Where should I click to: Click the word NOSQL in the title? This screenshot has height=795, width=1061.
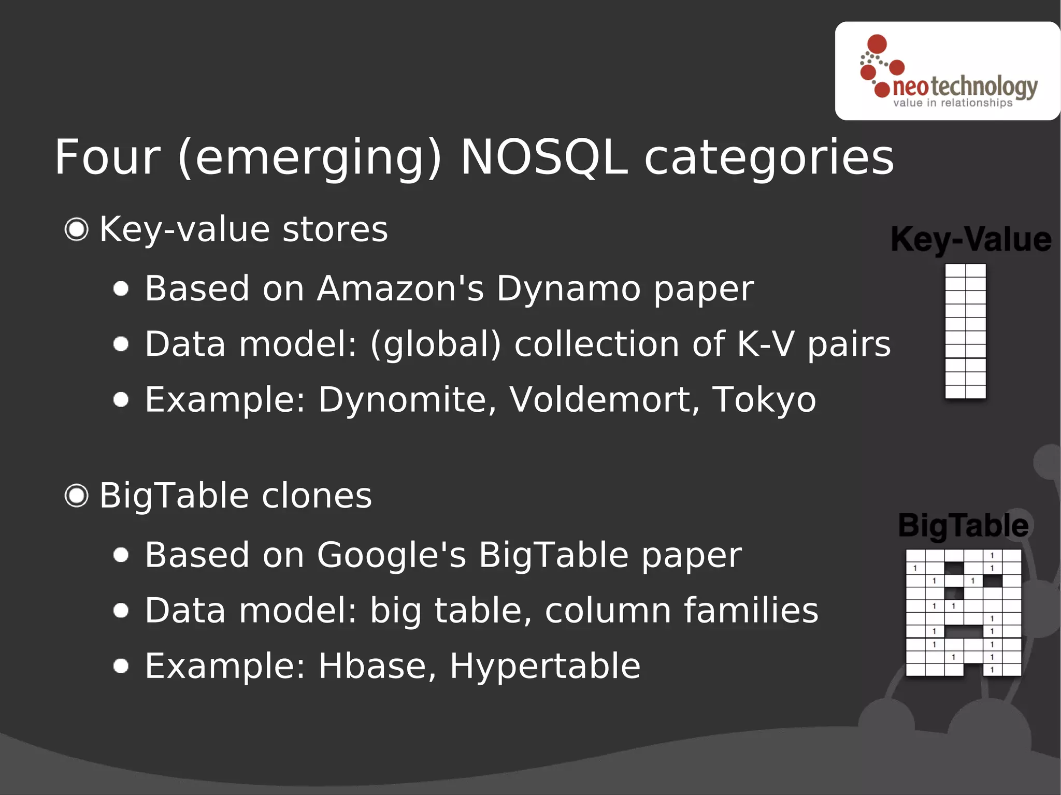544,157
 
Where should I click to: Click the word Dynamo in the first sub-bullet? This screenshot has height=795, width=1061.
568,288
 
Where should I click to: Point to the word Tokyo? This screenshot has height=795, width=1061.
764,400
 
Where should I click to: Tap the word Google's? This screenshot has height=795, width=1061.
391,555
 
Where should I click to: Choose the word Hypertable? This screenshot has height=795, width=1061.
545,666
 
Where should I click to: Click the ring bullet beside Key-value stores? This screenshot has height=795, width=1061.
77,229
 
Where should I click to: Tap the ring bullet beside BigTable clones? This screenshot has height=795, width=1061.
77,496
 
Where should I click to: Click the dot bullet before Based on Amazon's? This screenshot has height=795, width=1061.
121,288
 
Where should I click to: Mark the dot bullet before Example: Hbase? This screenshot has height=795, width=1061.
121,666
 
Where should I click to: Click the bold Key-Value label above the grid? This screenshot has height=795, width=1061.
971,240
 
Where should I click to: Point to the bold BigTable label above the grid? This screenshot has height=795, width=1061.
963,526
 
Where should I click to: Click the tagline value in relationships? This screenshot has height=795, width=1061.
952,103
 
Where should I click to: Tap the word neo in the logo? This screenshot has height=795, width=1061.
911,87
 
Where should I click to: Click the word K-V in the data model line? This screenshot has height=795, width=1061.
765,344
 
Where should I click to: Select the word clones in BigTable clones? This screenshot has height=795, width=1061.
317,496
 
